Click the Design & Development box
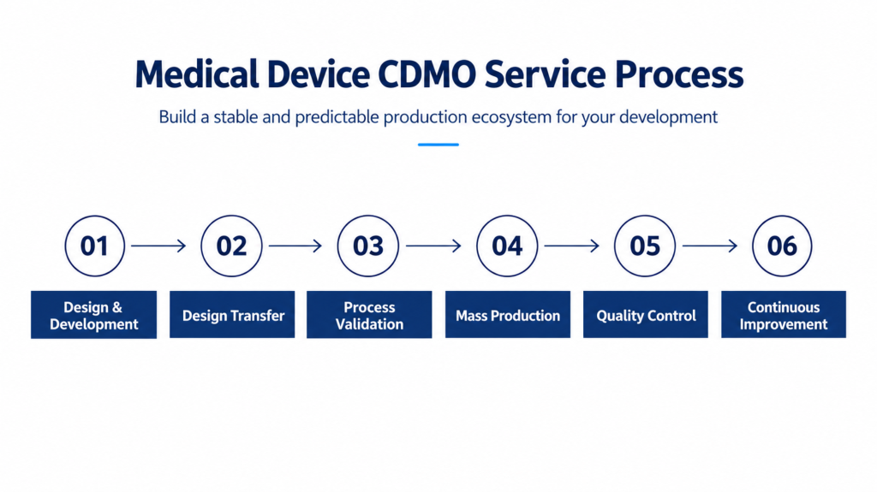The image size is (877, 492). [x=94, y=315]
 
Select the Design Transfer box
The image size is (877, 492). [x=232, y=315]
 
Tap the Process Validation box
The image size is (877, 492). [x=369, y=315]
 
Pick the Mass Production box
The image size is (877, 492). [x=508, y=315]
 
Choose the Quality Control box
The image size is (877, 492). [x=646, y=315]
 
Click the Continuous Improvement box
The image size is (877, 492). [x=784, y=315]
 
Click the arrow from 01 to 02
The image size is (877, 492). [x=158, y=246]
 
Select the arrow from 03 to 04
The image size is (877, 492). [x=433, y=246]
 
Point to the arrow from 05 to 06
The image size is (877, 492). [x=710, y=246]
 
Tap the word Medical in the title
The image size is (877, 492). [x=197, y=74]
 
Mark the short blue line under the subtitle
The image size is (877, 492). [x=438, y=145]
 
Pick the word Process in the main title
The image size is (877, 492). [x=679, y=74]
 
